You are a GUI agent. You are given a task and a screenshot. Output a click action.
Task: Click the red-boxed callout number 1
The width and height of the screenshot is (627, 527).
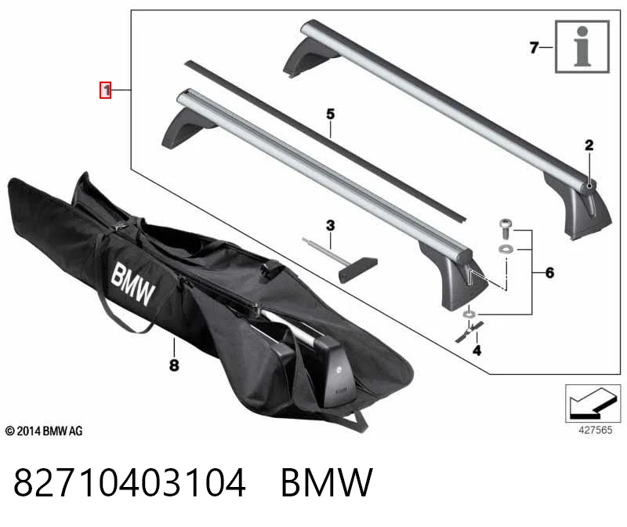point(106,90)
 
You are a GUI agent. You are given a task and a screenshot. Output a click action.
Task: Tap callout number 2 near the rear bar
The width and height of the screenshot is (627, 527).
point(589,145)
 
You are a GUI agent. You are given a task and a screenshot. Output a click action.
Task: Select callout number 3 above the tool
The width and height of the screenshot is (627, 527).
point(330,226)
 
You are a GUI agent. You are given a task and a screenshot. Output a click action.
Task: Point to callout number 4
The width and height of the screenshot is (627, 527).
point(477,351)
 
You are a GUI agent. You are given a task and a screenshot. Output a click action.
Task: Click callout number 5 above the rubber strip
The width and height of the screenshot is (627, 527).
point(330,114)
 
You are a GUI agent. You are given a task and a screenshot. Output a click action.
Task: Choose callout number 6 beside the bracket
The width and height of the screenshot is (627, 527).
point(550,273)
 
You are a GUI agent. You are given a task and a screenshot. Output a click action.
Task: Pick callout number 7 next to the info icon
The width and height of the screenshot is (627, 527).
point(535,48)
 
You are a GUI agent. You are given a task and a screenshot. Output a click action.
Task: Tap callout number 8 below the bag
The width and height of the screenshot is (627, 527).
point(174,365)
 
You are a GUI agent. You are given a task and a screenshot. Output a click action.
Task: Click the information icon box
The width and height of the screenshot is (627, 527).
point(582,47)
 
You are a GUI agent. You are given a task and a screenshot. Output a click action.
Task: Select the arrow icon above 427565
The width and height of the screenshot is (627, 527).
point(593,403)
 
